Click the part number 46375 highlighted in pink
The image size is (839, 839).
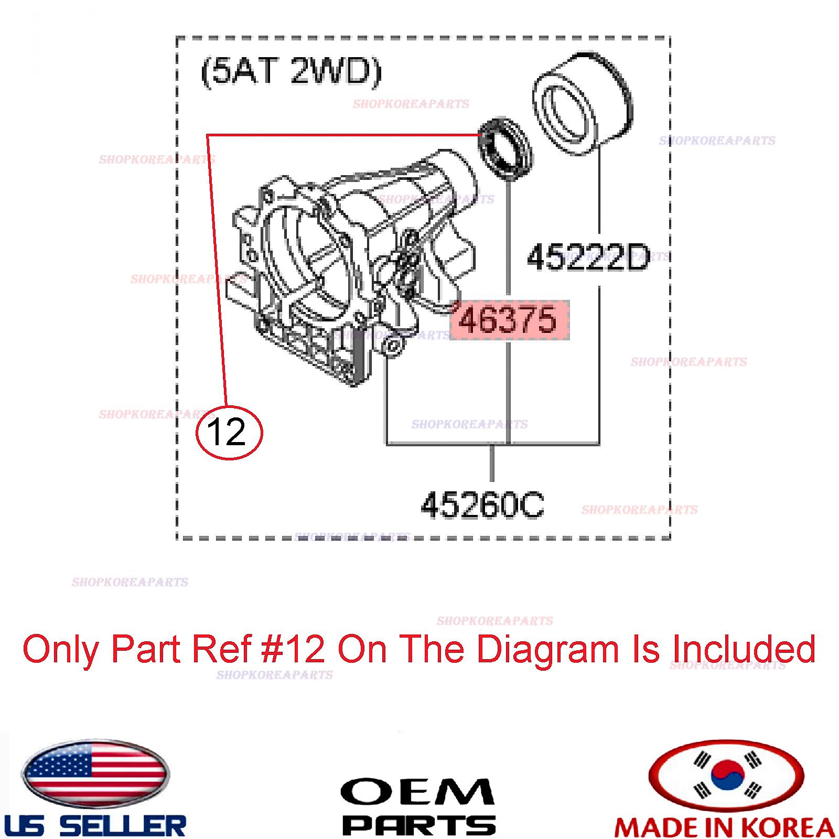(508, 320)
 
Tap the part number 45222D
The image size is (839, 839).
(588, 257)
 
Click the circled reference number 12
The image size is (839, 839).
(229, 433)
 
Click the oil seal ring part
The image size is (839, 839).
(504, 149)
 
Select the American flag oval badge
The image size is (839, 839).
(95, 773)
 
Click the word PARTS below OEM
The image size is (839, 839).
(418, 825)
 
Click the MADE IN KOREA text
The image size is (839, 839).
(725, 827)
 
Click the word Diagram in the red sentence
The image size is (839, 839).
(548, 649)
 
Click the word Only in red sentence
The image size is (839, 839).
(60, 649)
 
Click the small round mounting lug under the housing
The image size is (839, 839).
(393, 346)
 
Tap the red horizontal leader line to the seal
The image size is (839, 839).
(341, 135)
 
